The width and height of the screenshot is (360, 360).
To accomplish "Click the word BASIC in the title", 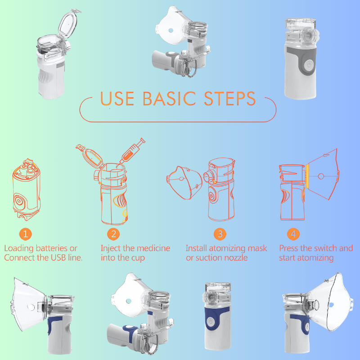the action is [x=169, y=99].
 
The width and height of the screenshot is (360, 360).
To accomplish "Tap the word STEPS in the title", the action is [x=229, y=99].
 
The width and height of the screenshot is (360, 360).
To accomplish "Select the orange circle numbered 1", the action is [x=25, y=234].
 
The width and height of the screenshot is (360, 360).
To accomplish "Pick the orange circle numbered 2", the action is [x=113, y=234].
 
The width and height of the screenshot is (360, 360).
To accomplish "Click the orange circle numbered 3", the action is [x=220, y=234].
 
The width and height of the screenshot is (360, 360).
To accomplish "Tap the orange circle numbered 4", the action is [x=293, y=234].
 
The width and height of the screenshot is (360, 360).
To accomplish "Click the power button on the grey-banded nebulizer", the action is [x=309, y=65].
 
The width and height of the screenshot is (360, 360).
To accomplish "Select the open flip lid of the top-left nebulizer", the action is [x=68, y=24].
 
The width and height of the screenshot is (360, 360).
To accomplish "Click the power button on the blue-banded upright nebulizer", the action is [x=210, y=321].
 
